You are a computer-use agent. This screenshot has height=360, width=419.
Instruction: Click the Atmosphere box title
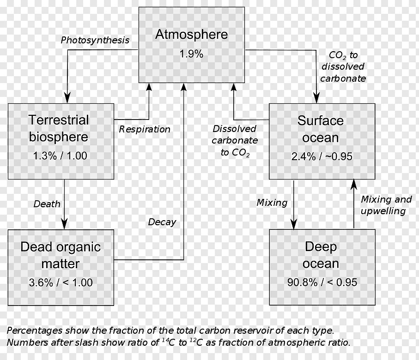[x=191, y=35]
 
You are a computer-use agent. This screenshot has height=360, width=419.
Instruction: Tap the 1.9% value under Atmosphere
[x=191, y=54]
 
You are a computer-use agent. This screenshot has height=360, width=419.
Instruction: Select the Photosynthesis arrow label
[x=95, y=40]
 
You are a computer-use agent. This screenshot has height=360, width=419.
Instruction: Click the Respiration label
[x=145, y=129]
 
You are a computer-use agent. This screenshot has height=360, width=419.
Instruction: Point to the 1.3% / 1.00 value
[x=60, y=156]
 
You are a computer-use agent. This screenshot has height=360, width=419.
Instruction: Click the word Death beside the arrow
[x=47, y=204]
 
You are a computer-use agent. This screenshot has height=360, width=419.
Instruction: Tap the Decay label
[x=162, y=222]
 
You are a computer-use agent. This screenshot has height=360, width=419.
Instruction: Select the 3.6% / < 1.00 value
[x=61, y=282]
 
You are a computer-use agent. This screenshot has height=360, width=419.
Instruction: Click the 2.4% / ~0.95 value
[x=322, y=156]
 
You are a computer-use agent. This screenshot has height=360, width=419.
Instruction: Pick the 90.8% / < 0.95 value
[x=322, y=282]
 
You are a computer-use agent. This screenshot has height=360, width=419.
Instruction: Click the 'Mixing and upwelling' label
[x=386, y=205]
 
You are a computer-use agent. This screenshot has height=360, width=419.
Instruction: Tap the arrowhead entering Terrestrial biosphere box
[x=67, y=98]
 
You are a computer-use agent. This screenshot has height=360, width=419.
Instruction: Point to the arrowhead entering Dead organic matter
[x=64, y=224]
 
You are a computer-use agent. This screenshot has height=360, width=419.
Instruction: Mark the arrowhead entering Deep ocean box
[x=294, y=224]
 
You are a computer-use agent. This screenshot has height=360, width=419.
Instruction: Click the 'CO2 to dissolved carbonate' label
[x=343, y=67]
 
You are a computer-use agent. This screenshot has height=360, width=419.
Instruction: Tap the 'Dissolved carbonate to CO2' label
[x=235, y=141]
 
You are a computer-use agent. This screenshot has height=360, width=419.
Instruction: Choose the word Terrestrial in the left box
[x=59, y=120]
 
